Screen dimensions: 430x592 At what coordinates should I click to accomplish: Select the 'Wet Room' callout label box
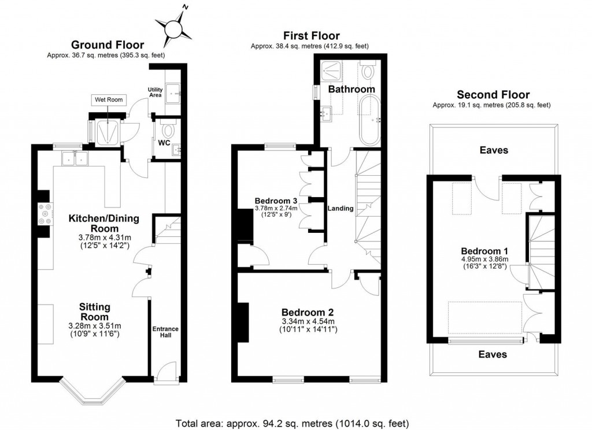(x=109, y=100)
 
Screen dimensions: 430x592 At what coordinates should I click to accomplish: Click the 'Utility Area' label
(x=155, y=92)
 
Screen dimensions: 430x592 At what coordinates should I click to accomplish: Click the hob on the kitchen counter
(x=44, y=215)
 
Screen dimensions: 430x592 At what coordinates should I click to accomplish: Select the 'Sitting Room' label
(x=95, y=312)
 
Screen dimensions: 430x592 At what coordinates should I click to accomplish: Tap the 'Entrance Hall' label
(x=165, y=333)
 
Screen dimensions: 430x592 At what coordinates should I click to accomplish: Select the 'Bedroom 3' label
(x=276, y=201)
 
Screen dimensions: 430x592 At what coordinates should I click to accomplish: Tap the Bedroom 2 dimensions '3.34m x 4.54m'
(x=308, y=321)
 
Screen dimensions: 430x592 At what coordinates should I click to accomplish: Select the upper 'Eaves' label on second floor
(x=493, y=150)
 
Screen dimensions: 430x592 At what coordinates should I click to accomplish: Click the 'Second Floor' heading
(x=493, y=95)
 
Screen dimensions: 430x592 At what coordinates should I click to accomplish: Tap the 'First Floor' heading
(x=310, y=36)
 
